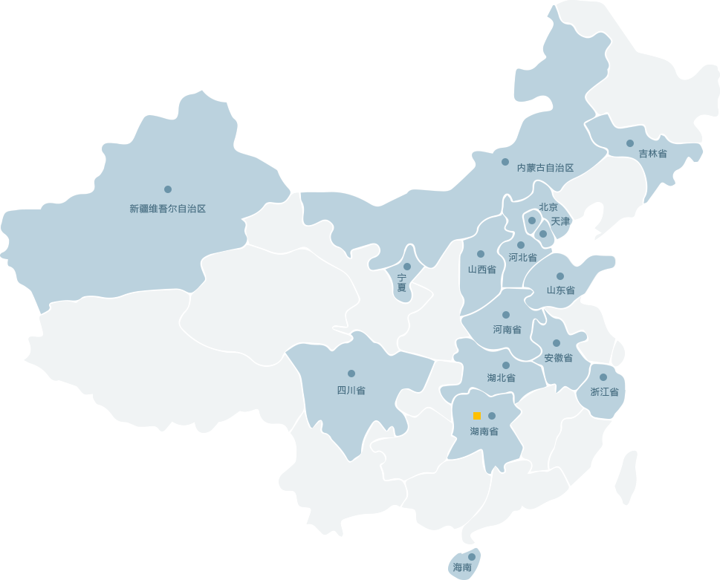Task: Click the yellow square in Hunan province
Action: click(x=477, y=416)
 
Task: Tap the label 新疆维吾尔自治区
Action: click(x=167, y=209)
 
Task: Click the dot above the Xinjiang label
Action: click(x=168, y=189)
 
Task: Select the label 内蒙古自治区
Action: click(x=545, y=168)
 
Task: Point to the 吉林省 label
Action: click(x=652, y=154)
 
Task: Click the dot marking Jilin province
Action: click(x=630, y=143)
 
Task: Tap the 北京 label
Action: click(x=548, y=207)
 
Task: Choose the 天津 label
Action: click(x=560, y=221)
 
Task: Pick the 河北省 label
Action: click(x=522, y=258)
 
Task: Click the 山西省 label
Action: click(x=481, y=270)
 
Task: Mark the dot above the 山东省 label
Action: click(x=560, y=276)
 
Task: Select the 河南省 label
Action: click(x=507, y=329)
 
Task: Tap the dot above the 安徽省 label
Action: click(x=557, y=343)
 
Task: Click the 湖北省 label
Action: click(x=501, y=378)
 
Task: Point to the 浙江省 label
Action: click(x=604, y=391)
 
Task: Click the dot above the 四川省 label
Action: click(x=351, y=374)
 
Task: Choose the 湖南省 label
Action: click(x=484, y=431)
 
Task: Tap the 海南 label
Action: click(x=462, y=567)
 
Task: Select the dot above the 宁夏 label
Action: click(x=407, y=267)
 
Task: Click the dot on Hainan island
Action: click(x=472, y=556)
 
